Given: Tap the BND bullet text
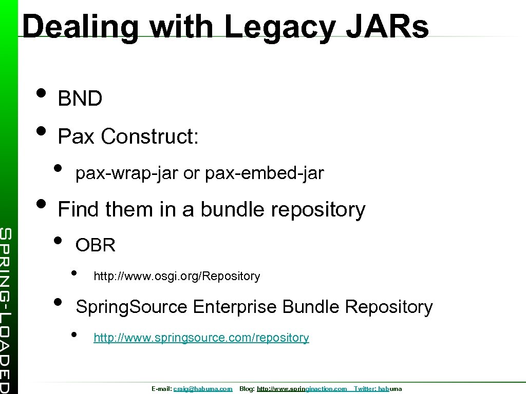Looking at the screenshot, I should [x=80, y=99].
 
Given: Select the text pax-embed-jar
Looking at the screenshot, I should [x=264, y=174].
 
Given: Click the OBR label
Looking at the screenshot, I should [x=96, y=246].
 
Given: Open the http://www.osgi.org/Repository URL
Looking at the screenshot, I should [x=177, y=277].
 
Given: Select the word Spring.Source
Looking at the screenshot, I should [x=131, y=307].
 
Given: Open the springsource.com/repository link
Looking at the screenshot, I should [x=201, y=338].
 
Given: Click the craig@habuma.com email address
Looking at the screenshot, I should [x=203, y=389].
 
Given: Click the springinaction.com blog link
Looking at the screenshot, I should [x=302, y=389].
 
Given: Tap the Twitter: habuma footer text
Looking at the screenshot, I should [x=378, y=389].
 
